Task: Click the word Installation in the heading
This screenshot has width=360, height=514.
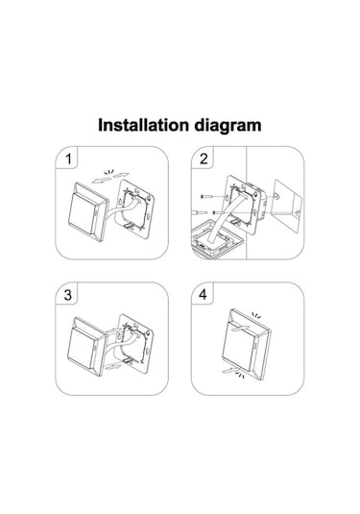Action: coord(144,125)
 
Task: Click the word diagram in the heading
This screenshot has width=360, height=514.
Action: coord(228,126)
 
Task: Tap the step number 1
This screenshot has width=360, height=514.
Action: coord(68,159)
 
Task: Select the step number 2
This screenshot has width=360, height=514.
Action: coord(204,159)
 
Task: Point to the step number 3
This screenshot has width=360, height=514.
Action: coord(68,295)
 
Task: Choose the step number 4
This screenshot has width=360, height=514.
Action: coord(204,295)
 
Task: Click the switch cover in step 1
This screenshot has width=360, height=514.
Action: coord(88,212)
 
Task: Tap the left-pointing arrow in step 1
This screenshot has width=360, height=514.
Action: coord(101,180)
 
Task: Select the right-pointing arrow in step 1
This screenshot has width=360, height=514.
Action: coord(121,175)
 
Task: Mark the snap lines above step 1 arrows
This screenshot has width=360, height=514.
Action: coord(108,172)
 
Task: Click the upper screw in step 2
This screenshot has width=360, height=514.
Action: coord(207,197)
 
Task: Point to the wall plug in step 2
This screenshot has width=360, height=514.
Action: coord(199,213)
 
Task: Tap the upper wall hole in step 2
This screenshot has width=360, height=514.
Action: coord(276,196)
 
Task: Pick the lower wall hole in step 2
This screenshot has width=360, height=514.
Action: coord(298,213)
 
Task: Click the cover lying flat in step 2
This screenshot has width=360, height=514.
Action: coord(218,239)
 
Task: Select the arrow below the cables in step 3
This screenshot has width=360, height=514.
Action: coord(113,366)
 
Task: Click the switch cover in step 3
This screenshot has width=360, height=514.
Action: coord(86,346)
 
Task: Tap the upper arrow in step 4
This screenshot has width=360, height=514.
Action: coord(241,328)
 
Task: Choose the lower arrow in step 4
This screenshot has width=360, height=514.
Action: coord(232,370)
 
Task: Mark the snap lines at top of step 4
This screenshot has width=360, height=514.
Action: coord(256,316)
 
